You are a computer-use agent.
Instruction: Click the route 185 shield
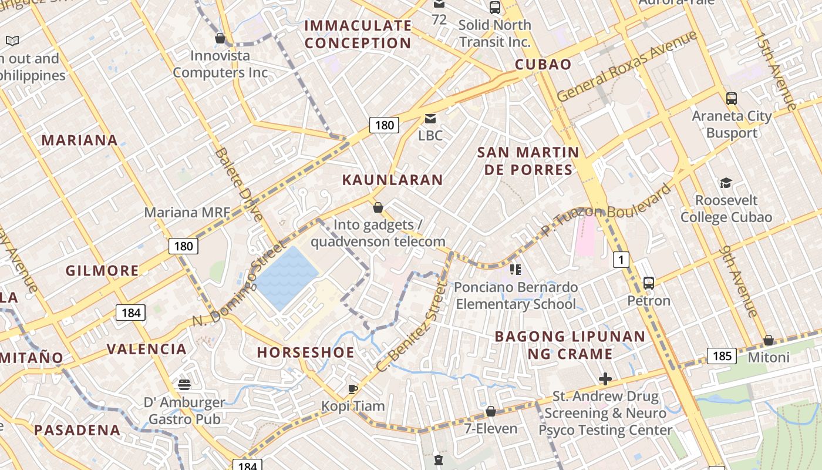click(x=722, y=355)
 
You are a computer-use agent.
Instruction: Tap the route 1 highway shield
click(x=621, y=259)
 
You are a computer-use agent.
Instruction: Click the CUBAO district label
click(x=543, y=65)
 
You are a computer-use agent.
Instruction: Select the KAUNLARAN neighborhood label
click(x=392, y=180)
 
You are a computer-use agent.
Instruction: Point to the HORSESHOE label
click(x=306, y=352)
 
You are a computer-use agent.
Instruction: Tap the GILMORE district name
click(x=103, y=271)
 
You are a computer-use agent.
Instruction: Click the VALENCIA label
click(x=147, y=349)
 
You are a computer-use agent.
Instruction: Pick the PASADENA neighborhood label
click(x=78, y=430)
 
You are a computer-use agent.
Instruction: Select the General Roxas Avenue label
click(x=626, y=66)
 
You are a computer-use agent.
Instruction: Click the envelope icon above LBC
click(x=430, y=119)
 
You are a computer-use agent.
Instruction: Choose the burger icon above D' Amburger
click(x=184, y=385)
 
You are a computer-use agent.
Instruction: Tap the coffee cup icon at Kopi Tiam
click(x=353, y=389)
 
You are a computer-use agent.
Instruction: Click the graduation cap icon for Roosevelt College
click(x=726, y=183)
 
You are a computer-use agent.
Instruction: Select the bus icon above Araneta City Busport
click(x=732, y=98)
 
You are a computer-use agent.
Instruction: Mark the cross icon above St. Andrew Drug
click(x=605, y=379)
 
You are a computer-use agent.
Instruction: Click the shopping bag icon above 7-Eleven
click(x=491, y=411)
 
